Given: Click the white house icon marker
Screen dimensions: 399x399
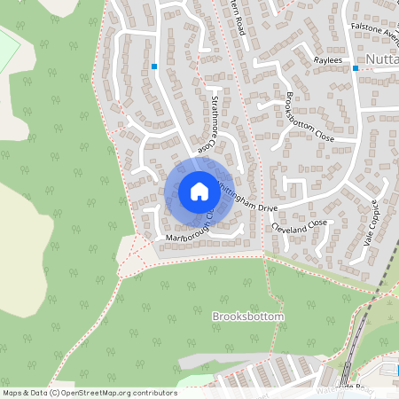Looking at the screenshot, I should click(199, 191).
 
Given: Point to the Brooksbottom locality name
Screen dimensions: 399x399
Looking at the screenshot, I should click(248, 317).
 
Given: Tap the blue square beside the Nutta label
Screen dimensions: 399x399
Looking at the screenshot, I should click(356, 67).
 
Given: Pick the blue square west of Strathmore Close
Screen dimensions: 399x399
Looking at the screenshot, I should click(154, 66).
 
